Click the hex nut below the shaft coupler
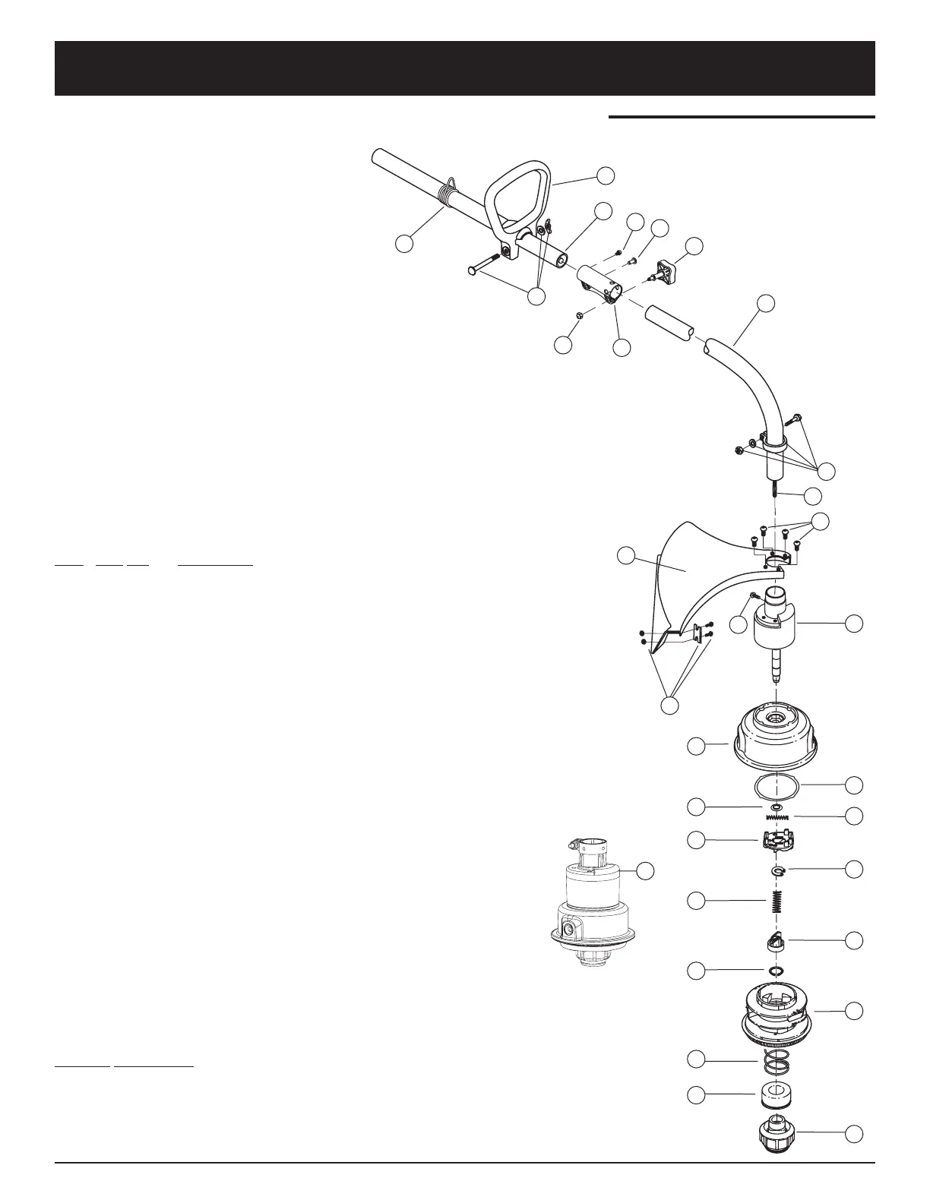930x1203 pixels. point(580,314)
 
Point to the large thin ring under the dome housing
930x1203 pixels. point(777,786)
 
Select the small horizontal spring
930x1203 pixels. point(777,817)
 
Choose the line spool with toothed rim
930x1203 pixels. point(780,1010)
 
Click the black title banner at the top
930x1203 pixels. point(464,68)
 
